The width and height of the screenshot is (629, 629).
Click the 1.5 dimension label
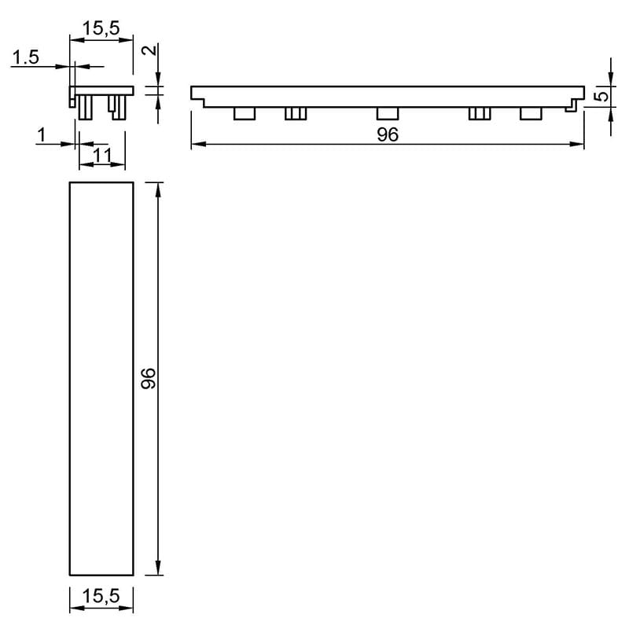(x=26, y=57)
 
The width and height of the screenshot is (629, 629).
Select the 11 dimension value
(x=102, y=156)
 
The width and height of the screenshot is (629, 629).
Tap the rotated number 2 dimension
(x=149, y=50)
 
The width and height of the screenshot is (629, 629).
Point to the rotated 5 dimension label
(x=602, y=97)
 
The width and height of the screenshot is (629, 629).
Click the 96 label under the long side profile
(x=388, y=134)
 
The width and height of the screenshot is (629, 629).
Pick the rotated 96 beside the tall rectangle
(x=149, y=378)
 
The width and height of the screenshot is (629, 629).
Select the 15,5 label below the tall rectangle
(x=101, y=596)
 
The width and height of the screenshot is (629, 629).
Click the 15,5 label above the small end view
(x=101, y=28)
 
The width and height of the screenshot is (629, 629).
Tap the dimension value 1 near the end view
(x=42, y=135)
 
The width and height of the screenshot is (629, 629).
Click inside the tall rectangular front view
(x=101, y=379)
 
